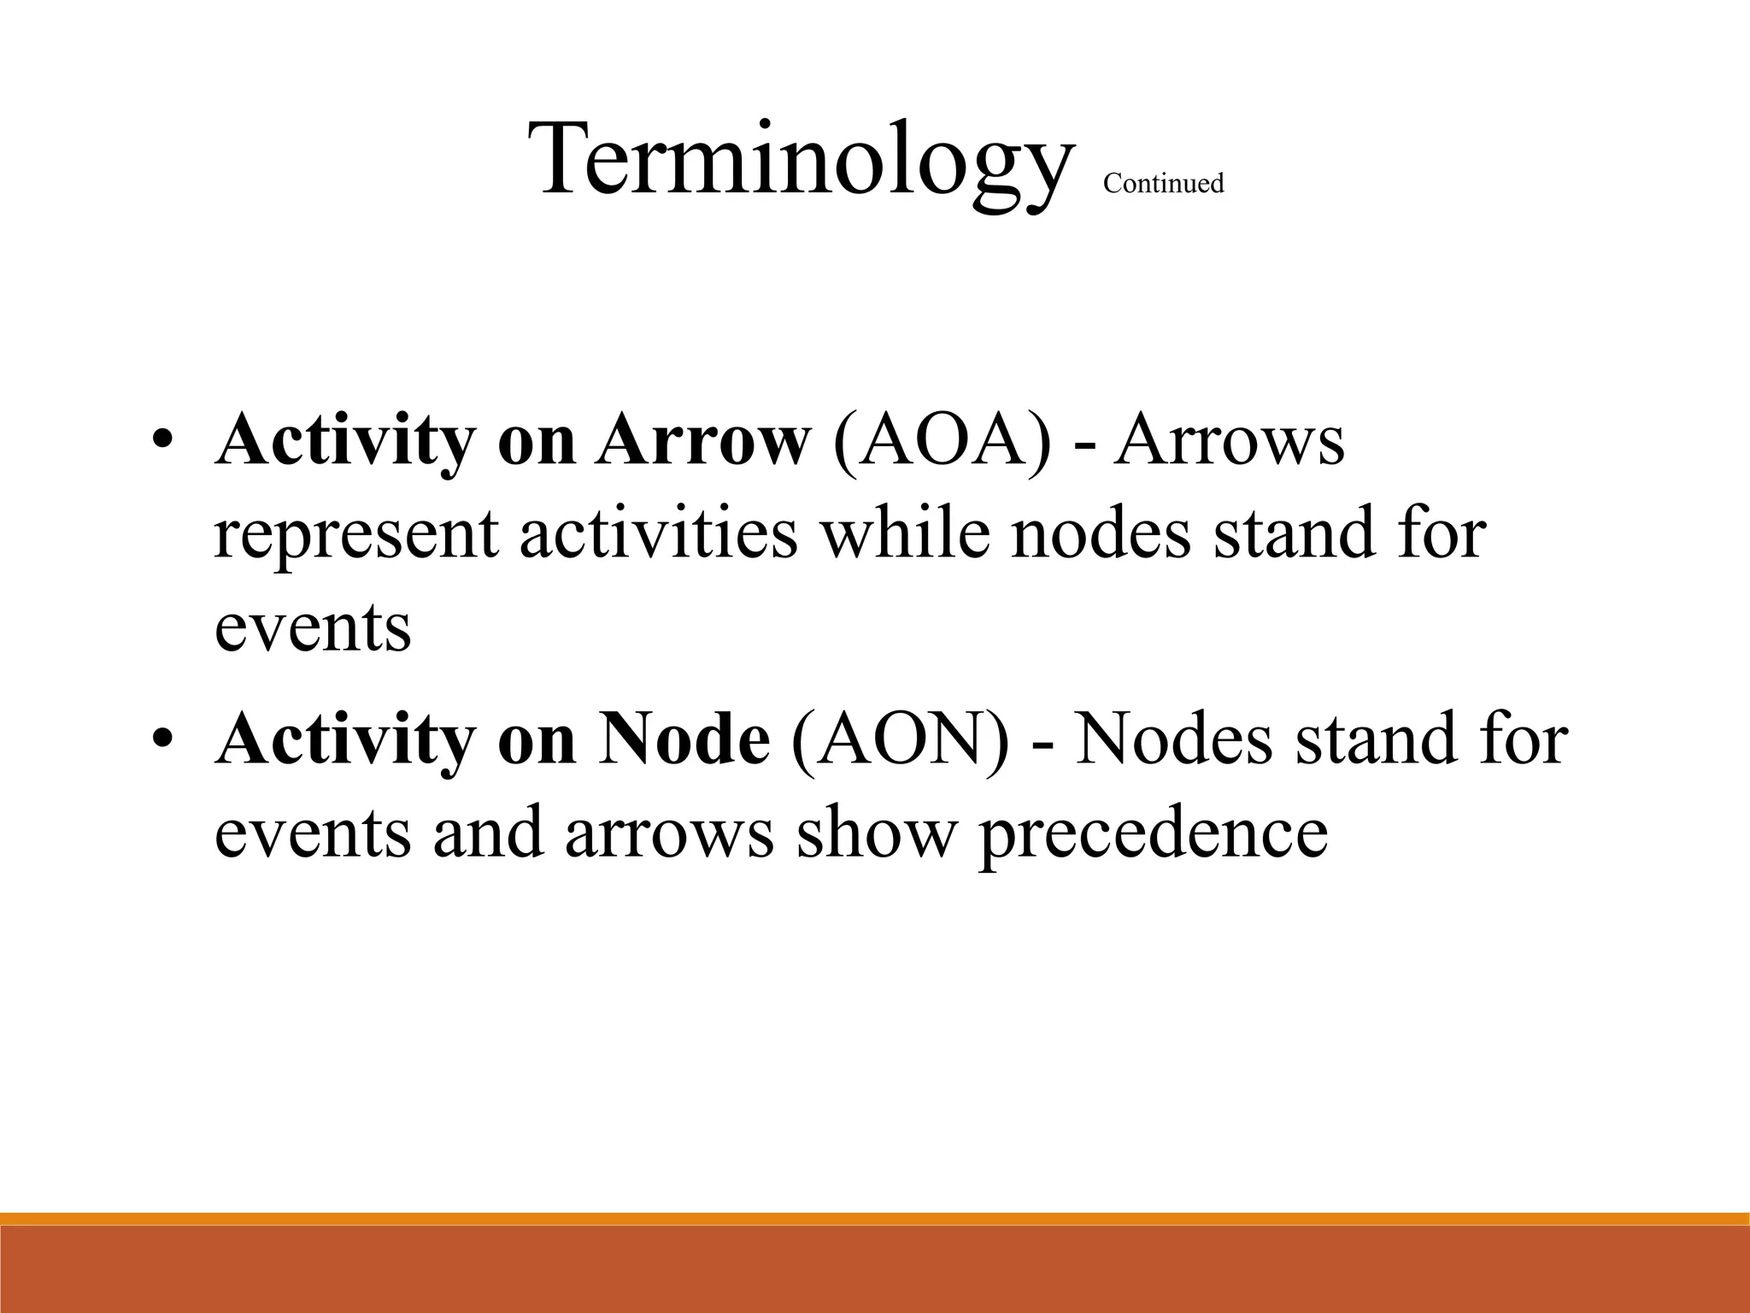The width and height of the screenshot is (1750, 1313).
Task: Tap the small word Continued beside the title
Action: point(1163,184)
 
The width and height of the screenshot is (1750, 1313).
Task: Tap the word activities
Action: point(658,533)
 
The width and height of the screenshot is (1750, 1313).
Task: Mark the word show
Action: point(875,834)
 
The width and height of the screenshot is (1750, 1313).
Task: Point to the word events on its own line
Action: point(313,628)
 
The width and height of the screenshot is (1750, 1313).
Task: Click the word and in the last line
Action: point(488,834)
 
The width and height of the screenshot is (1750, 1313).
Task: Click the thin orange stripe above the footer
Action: point(875,1219)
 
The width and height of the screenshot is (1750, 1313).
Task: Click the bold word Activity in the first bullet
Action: point(344,441)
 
